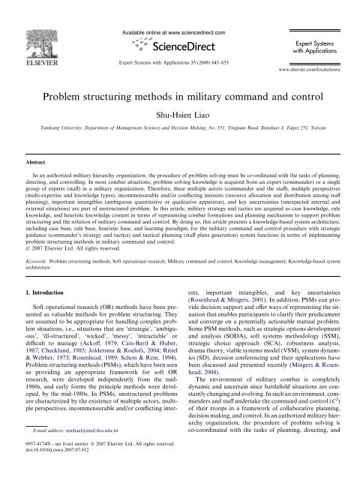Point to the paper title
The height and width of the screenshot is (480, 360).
pyautogui.click(x=179, y=77)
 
